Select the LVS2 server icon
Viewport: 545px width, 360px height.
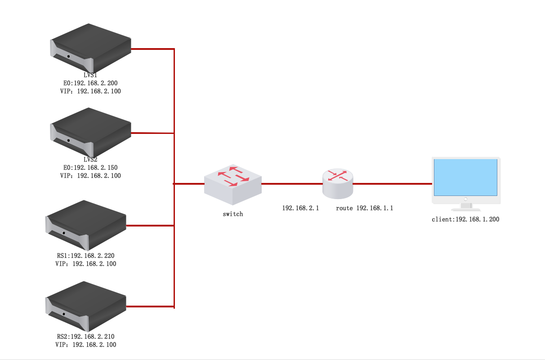coord(90,132)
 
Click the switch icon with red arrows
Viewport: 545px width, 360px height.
coord(232,184)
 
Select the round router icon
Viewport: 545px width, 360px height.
coord(338,183)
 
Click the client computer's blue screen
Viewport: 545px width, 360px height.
coord(465,177)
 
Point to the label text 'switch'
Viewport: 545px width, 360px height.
coord(232,214)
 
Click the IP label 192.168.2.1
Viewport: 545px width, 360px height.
coord(300,208)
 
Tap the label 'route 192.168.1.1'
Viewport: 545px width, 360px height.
coord(364,208)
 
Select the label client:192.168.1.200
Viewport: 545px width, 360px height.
coord(465,219)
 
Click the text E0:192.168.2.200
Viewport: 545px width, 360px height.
coord(90,83)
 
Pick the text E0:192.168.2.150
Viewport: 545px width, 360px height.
coord(90,168)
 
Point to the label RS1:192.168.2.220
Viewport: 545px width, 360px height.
coord(85,256)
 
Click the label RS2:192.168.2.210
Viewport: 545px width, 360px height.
coord(85,336)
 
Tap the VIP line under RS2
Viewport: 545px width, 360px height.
coord(85,345)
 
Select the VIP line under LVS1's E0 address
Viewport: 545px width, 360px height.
coord(90,91)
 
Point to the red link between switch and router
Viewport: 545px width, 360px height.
coord(291,184)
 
